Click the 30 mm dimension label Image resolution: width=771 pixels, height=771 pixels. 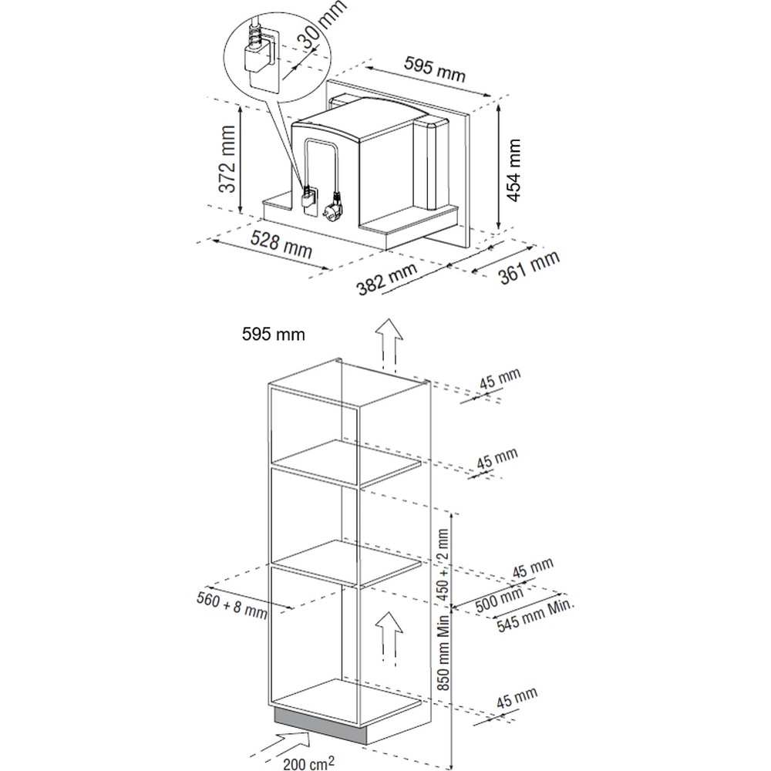(324, 24)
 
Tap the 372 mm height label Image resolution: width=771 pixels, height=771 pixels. (227, 158)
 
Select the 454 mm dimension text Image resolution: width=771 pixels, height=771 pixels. (513, 170)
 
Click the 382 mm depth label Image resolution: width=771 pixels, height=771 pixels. (387, 279)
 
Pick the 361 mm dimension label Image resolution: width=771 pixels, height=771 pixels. (530, 268)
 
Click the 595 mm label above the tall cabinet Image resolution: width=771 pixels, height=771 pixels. (274, 335)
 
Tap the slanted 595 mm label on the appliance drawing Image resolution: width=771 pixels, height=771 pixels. (435, 69)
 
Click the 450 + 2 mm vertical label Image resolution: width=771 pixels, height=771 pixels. (443, 564)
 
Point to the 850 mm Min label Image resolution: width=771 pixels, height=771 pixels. (443, 652)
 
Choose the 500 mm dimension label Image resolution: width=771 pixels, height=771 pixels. (499, 600)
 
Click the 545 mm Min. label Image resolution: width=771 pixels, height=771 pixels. (535, 614)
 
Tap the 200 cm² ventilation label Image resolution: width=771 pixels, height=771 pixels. (308, 763)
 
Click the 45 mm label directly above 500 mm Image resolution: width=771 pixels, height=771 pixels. (533, 568)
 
